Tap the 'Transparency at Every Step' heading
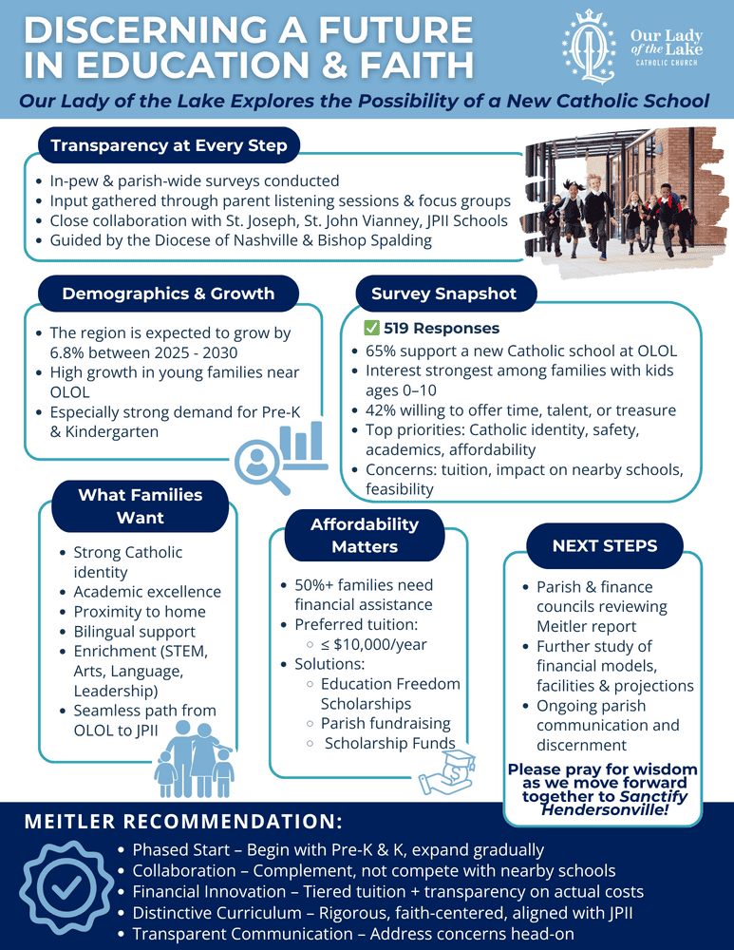coord(168,145)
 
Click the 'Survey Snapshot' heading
coord(443,294)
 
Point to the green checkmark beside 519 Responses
coord(372,329)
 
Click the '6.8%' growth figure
coord(66,353)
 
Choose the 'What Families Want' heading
coord(140,505)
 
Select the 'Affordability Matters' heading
coord(364,535)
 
